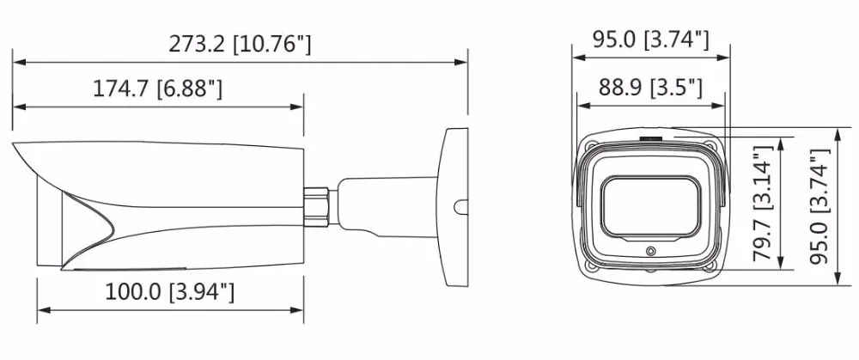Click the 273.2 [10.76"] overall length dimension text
coord(240,45)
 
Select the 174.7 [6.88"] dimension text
coord(157,88)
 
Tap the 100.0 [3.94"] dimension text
coord(169,292)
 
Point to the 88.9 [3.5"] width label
coord(650,87)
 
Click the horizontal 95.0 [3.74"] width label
coord(651,40)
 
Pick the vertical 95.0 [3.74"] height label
coord(820,206)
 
